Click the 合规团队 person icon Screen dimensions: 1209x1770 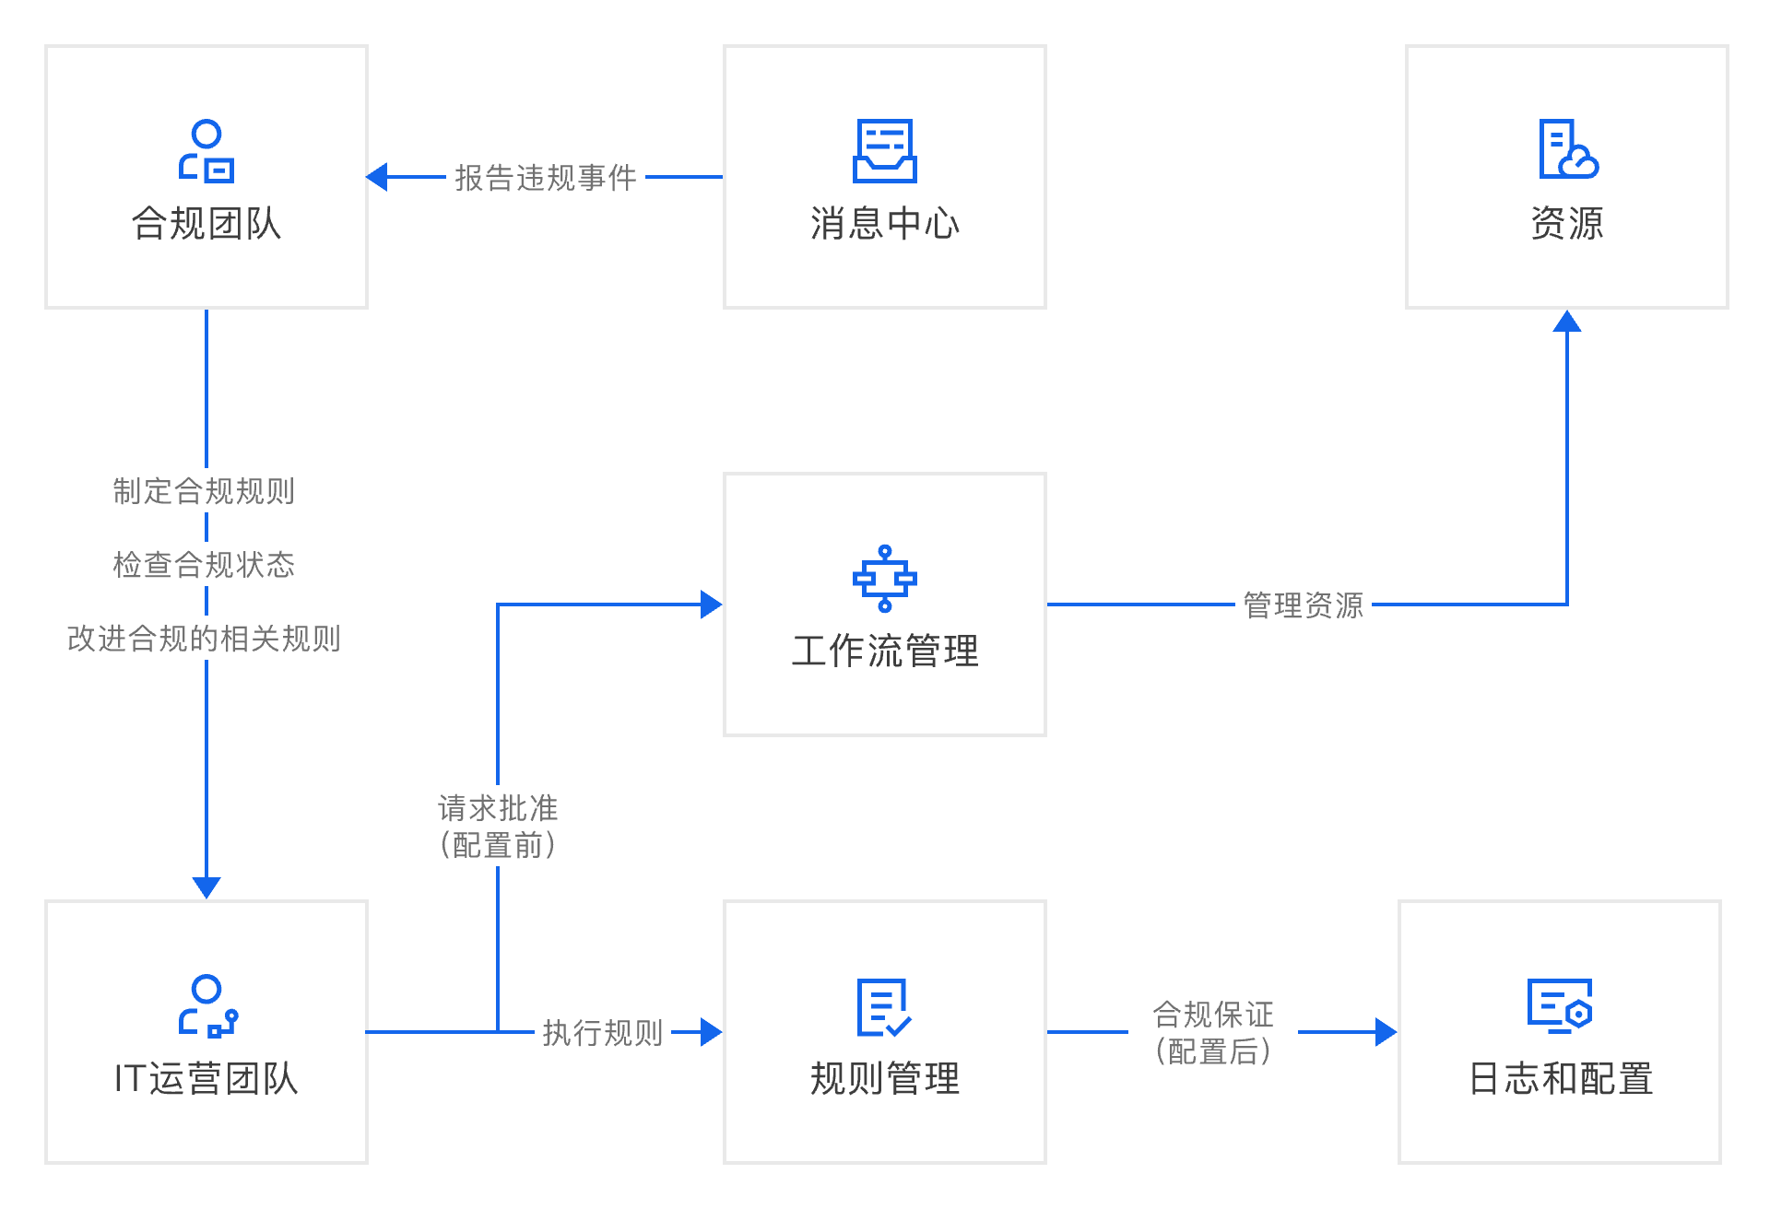(206, 151)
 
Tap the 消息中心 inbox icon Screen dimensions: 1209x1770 (884, 151)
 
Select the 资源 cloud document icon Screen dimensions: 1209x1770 (1567, 149)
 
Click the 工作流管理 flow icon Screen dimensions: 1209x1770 (884, 579)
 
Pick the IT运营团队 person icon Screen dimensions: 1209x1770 (207, 1006)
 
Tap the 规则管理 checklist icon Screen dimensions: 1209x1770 (883, 1007)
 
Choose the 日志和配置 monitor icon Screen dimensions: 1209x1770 (1560, 1004)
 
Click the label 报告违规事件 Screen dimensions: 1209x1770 (546, 178)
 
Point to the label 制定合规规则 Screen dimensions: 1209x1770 (204, 491)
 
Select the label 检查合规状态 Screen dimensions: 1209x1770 (204, 564)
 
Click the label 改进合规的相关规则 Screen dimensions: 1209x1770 (204, 638)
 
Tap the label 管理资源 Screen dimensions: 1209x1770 (1303, 605)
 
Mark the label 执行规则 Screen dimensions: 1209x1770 (603, 1033)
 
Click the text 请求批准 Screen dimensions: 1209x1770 (498, 808)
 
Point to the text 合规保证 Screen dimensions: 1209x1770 (1213, 1015)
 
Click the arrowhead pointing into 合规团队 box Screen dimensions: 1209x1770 (377, 177)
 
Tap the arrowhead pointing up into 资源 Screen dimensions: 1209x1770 (1567, 321)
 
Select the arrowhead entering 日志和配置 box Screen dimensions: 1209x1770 (1386, 1032)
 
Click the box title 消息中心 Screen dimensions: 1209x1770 (884, 224)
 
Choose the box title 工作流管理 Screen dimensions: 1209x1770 (884, 651)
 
